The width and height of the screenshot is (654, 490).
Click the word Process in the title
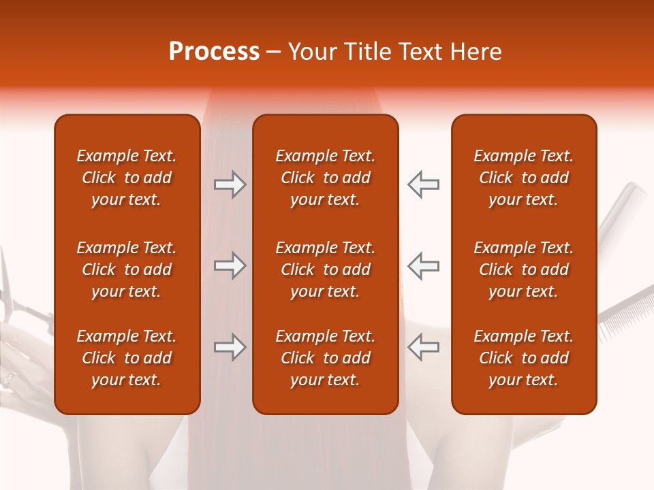click(x=214, y=52)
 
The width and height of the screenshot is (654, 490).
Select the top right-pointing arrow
click(x=230, y=184)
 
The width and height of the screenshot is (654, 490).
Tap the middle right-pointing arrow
click(x=230, y=265)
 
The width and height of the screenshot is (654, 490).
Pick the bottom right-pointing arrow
click(x=230, y=348)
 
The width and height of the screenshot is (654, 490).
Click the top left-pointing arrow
click(x=423, y=184)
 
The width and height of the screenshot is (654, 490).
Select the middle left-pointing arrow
click(x=423, y=265)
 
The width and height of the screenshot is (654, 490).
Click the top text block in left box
click(x=127, y=178)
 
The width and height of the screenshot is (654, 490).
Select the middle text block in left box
click(x=127, y=269)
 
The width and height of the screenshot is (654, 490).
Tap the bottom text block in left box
click(x=127, y=358)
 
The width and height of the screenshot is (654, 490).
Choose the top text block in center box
click(x=325, y=178)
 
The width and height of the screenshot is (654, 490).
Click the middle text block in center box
click(x=325, y=269)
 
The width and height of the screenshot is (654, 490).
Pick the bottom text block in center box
click(x=325, y=358)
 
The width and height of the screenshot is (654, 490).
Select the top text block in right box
click(x=523, y=178)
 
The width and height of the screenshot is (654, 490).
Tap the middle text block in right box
click(x=523, y=269)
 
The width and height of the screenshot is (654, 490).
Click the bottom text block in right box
click(x=523, y=358)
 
